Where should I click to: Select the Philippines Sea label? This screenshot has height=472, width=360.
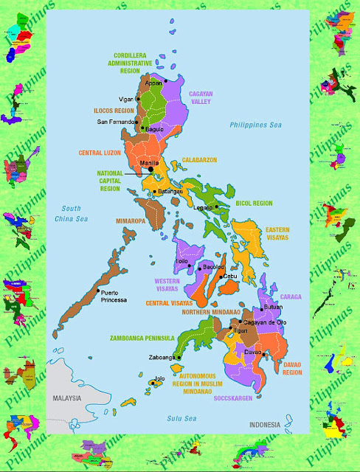coord(256,125)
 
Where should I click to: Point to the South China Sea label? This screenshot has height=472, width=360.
coord(71,214)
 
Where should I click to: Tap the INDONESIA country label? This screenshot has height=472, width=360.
coord(264,425)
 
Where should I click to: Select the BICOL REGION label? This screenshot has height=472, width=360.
coord(254,203)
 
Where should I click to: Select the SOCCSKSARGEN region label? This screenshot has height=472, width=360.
coord(235,399)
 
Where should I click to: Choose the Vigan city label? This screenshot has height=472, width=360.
coord(127,99)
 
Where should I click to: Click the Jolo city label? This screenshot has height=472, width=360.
coord(159,378)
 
